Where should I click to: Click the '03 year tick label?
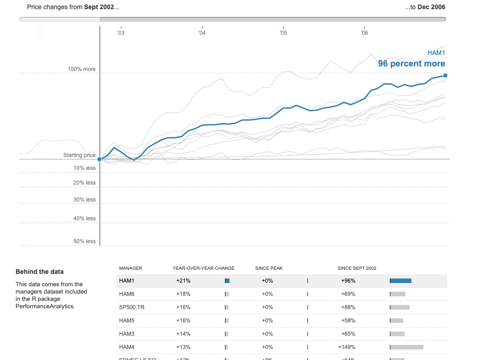tap(120, 33)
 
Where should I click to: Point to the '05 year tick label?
tap(283, 33)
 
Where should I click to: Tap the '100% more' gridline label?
tap(82, 69)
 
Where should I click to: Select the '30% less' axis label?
tap(84, 200)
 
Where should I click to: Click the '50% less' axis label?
tap(84, 241)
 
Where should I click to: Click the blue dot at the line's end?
tap(445, 76)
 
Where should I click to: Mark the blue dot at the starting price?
tap(99, 159)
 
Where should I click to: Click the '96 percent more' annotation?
tap(411, 64)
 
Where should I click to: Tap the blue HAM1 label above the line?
tap(436, 53)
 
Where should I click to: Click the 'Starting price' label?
tap(79, 155)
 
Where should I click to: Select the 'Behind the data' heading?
tap(39, 272)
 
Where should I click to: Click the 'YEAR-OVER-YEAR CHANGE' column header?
tap(203, 268)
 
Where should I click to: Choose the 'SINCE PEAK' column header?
tap(268, 268)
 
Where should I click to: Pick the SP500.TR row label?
tap(130, 307)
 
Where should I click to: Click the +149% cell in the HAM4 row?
tap(348, 347)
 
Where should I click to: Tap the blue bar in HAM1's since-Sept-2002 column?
tap(401, 281)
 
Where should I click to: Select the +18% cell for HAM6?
tap(183, 294)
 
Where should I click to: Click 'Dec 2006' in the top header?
tap(431, 7)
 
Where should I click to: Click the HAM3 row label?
tap(126, 333)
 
